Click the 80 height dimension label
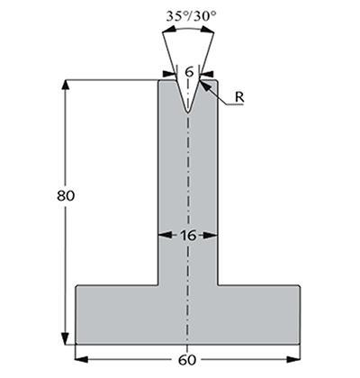pos(66,196)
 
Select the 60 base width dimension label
pos(187,360)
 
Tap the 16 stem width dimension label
pos(188,236)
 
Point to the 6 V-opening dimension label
pos(189,72)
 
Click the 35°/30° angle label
pos(191,16)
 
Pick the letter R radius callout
pos(239,97)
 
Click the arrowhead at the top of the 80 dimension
pos(65,85)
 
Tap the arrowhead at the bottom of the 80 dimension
pos(65,339)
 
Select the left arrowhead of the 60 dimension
pos(81,359)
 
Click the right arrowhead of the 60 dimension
pos(293,359)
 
